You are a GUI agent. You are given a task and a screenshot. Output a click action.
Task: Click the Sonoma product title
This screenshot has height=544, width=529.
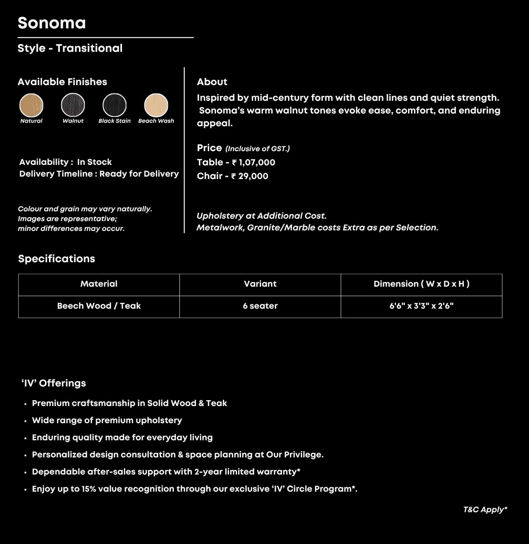coord(51,23)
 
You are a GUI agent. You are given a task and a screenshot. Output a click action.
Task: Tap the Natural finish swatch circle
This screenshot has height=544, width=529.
coord(31,105)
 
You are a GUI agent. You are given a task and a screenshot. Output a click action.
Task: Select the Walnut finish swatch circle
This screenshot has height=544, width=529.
coord(73,105)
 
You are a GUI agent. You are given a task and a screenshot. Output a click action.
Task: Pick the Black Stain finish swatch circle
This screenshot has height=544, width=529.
coord(115,105)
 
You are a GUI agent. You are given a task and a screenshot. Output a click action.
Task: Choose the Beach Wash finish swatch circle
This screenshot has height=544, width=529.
coord(156,105)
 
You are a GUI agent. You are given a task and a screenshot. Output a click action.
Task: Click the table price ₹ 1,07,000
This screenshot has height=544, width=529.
coord(253,162)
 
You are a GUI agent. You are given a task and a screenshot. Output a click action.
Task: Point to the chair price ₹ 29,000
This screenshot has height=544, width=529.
coord(250,176)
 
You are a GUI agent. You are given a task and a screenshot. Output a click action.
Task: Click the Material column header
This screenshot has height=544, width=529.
coord(99,284)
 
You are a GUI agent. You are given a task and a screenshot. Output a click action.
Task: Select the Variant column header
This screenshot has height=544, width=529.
coord(260,284)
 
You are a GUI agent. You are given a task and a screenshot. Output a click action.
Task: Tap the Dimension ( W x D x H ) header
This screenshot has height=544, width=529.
coord(421,284)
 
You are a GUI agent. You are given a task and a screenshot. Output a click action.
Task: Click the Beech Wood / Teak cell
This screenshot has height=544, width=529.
coord(99,306)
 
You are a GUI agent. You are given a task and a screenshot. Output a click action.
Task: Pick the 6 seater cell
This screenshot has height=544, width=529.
coord(260,306)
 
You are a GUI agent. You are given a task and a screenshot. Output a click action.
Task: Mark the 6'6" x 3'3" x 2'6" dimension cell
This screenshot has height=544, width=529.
coord(421,306)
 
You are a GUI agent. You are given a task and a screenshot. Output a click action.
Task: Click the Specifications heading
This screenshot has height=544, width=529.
coord(56,259)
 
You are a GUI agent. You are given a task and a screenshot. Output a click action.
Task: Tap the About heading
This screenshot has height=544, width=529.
coord(212,82)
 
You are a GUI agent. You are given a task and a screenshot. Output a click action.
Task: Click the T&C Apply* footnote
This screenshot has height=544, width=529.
coord(485,510)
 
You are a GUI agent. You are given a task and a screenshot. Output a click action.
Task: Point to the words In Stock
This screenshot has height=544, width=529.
coord(95,162)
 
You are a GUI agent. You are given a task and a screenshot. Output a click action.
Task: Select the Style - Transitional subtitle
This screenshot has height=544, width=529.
coord(70,48)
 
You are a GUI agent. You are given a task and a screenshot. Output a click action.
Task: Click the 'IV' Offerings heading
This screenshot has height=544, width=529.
coord(53,383)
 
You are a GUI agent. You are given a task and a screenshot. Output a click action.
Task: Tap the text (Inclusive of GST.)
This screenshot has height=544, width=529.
coord(258,149)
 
